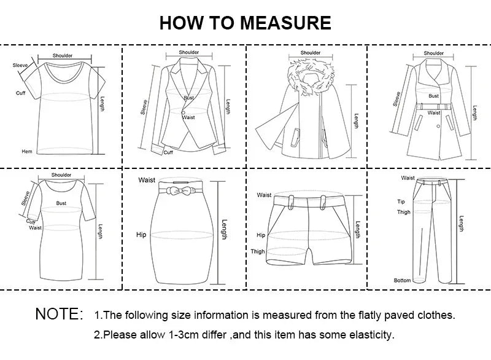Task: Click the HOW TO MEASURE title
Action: tap(245, 23)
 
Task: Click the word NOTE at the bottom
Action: tap(59, 315)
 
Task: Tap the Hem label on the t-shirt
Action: tap(27, 151)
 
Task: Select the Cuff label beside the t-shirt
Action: tap(20, 93)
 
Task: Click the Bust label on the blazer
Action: tap(188, 98)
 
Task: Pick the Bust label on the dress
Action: tap(61, 203)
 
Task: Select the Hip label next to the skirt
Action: tap(141, 235)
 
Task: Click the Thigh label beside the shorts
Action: tap(258, 251)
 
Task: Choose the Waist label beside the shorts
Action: tap(264, 195)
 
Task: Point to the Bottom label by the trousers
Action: tap(403, 281)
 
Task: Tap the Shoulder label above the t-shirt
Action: tap(63, 56)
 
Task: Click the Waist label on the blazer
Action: tap(188, 117)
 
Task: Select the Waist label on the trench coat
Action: tap(434, 113)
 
